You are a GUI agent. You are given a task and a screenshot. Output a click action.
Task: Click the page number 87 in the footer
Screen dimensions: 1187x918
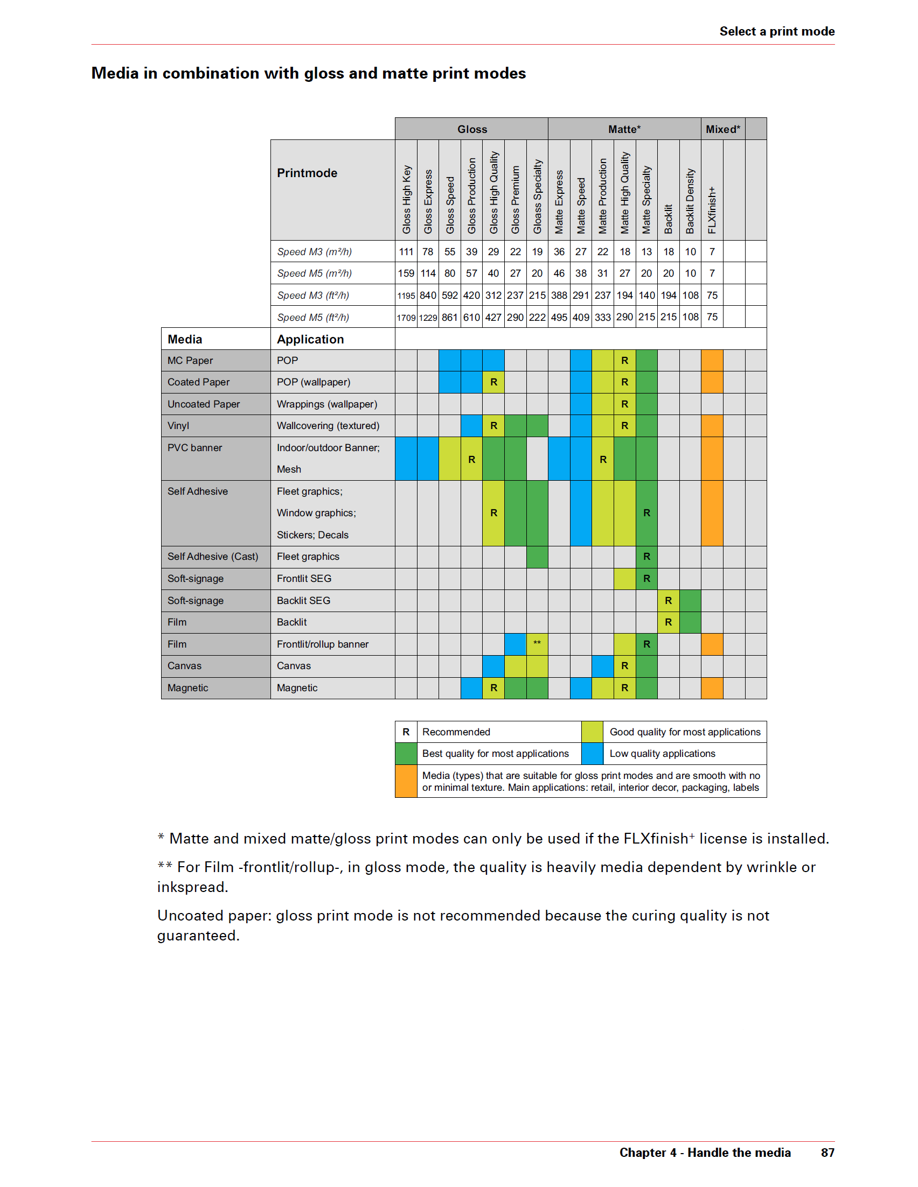coord(827,1152)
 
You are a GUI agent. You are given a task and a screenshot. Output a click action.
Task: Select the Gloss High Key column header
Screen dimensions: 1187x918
coord(406,200)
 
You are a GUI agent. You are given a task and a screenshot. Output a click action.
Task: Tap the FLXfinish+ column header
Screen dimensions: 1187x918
coord(712,210)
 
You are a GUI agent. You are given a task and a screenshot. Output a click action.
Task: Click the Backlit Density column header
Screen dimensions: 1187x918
coord(690,201)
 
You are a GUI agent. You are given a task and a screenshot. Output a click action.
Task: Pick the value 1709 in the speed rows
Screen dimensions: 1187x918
coord(406,318)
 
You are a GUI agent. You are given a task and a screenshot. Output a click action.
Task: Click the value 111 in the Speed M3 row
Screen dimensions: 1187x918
coord(406,251)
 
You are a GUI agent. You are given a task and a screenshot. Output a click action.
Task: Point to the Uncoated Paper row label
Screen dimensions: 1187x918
coord(204,404)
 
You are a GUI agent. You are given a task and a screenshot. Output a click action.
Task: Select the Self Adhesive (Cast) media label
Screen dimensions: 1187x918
coord(213,557)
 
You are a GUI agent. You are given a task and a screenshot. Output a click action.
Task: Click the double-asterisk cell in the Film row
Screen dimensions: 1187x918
coord(537,644)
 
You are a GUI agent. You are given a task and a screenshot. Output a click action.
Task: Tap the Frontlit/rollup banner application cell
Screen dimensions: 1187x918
coord(323,644)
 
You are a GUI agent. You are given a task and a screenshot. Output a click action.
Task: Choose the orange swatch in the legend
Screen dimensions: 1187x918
coord(406,781)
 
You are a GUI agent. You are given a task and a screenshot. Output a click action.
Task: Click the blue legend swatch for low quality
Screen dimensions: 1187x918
coord(592,753)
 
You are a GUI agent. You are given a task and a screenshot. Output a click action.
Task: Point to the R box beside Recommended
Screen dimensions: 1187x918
coord(406,732)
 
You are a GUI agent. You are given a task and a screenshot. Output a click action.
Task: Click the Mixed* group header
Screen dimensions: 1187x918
coord(722,129)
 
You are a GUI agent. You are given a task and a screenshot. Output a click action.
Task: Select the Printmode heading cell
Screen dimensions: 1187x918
coord(307,173)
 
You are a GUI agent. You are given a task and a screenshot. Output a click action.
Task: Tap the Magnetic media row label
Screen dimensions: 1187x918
coord(187,687)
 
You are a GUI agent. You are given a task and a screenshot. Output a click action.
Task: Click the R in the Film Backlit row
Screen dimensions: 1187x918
coord(669,622)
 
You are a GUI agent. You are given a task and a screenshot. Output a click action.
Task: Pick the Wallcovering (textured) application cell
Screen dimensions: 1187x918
coord(328,426)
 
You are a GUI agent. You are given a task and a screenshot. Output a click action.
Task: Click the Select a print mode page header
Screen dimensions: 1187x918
coord(777,32)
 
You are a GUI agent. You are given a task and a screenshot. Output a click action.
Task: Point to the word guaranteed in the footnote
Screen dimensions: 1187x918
coord(198,936)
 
